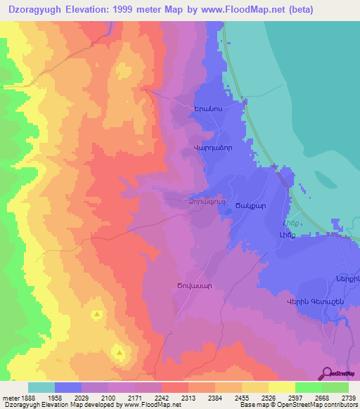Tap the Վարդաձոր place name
pos(212,150)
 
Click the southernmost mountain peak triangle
pos(120,352)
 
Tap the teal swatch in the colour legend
pos(41,387)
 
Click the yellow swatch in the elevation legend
pos(282,387)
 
